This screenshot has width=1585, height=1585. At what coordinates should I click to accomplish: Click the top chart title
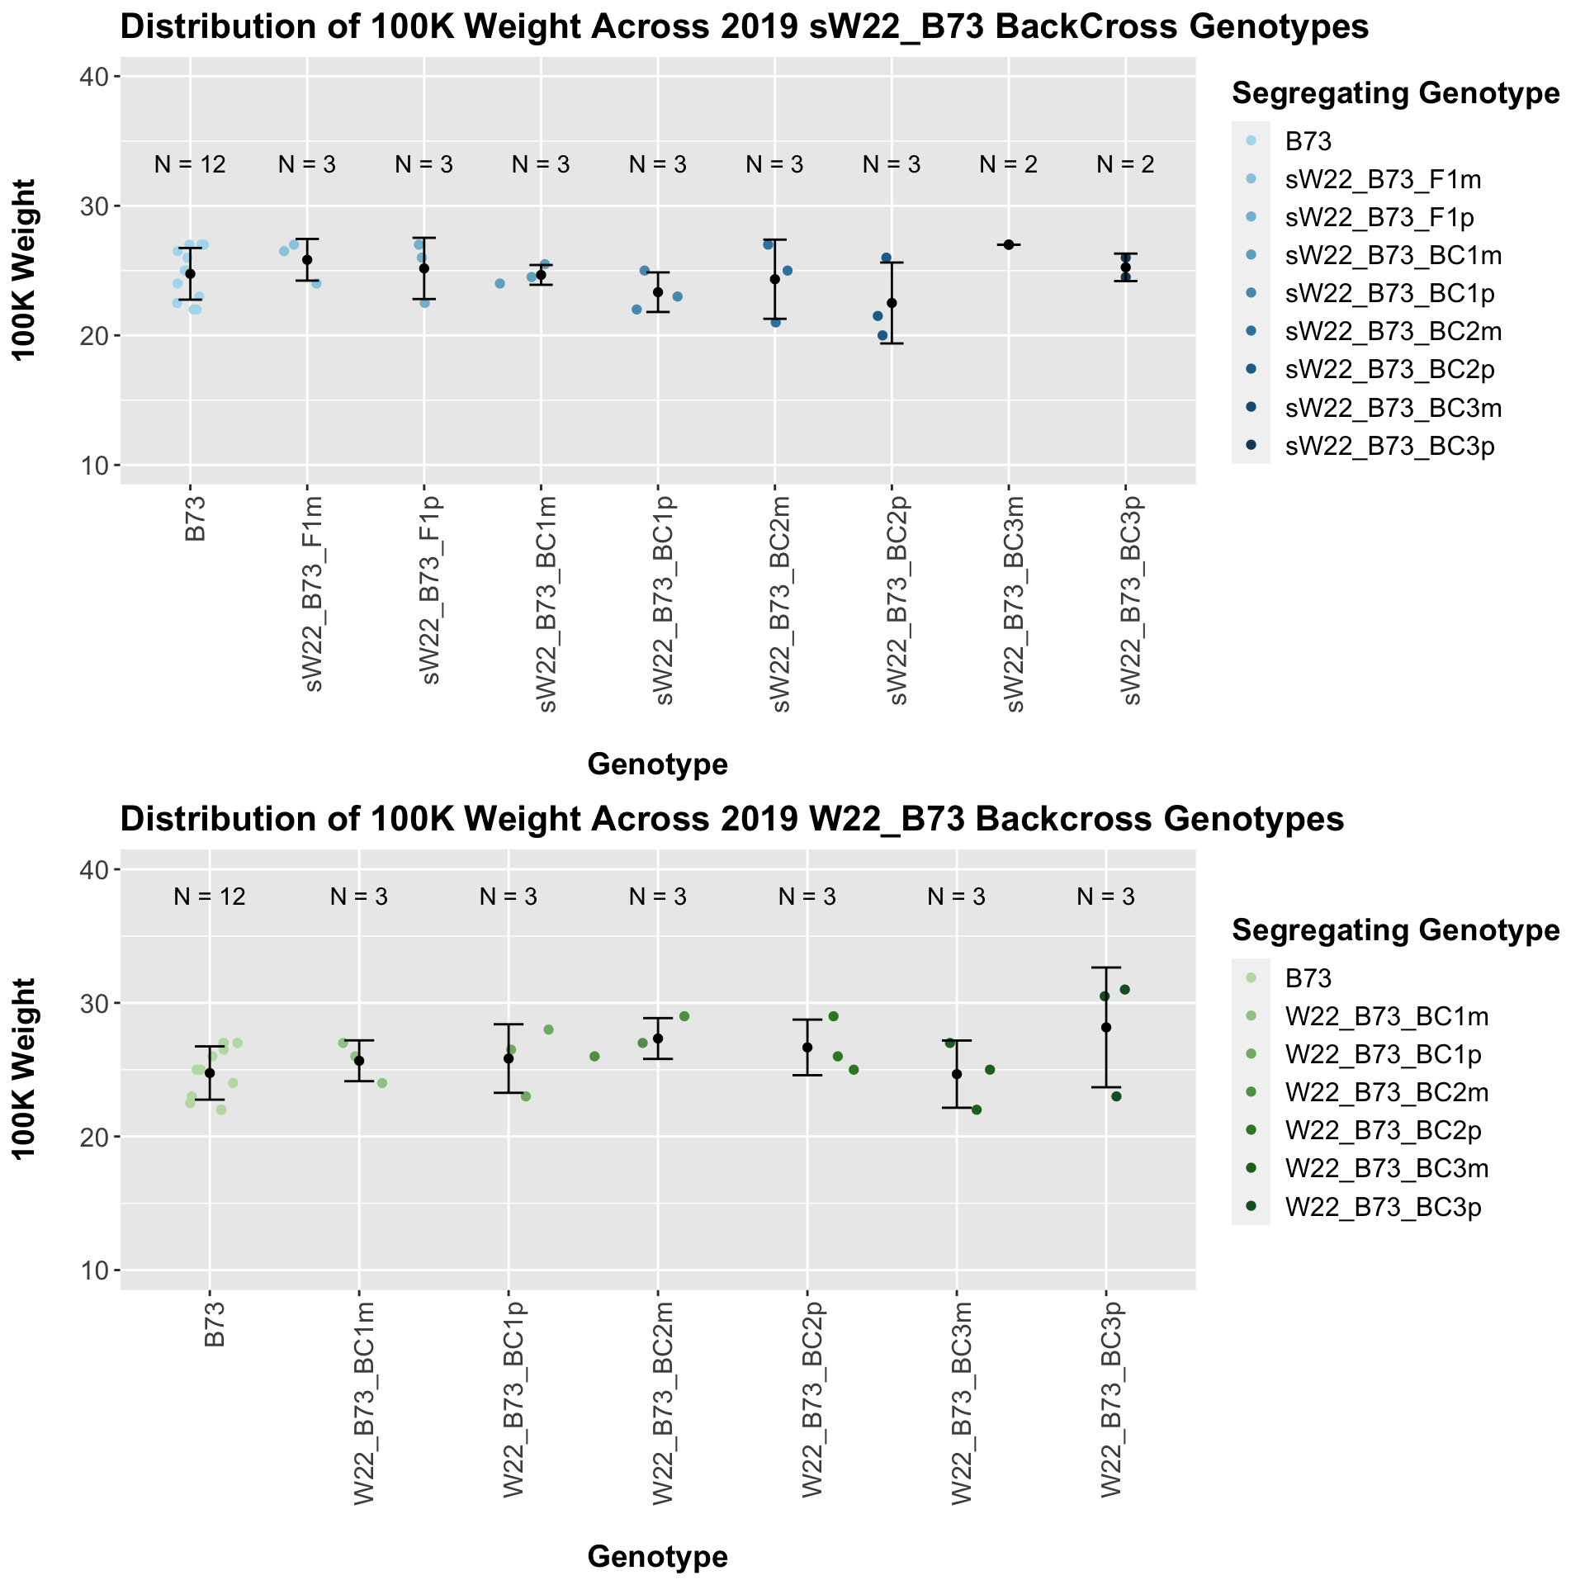[x=744, y=28]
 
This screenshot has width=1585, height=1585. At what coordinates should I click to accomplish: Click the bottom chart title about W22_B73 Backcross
[x=732, y=819]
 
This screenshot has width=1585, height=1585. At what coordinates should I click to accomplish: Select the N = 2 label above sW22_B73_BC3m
[x=1008, y=165]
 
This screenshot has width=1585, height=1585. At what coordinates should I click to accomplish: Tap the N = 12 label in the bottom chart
[x=210, y=897]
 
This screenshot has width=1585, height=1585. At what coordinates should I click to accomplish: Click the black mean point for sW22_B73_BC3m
[x=1008, y=244]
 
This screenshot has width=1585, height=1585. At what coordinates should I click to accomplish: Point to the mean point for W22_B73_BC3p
[x=1106, y=1027]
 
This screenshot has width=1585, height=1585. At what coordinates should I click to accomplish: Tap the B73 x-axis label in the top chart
[x=196, y=518]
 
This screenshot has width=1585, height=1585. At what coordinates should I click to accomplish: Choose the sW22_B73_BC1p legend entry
[x=1390, y=294]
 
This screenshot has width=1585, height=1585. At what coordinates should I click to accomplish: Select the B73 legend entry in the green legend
[x=1308, y=978]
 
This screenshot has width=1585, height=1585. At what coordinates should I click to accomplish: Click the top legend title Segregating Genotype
[x=1395, y=93]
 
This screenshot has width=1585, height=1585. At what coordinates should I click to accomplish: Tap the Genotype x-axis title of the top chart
[x=657, y=764]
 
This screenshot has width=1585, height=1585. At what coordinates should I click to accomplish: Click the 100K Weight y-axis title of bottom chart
[x=26, y=1068]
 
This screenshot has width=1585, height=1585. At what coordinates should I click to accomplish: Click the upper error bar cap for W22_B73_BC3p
[x=1106, y=967]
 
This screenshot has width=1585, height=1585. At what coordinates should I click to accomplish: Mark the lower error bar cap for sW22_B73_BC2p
[x=892, y=343]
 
